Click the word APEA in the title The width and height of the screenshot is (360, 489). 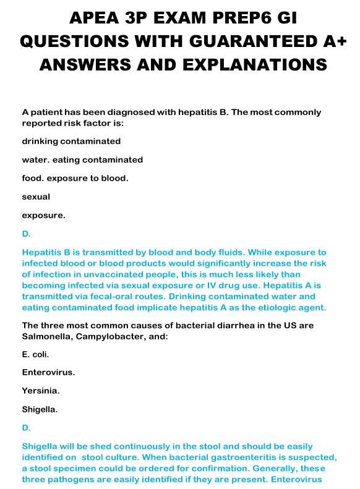(94, 18)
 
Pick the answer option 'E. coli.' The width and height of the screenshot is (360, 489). (35, 354)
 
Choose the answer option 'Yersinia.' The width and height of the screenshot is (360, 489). (41, 391)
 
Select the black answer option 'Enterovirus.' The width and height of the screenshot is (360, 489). (48, 372)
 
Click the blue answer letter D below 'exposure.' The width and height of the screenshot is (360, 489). (25, 234)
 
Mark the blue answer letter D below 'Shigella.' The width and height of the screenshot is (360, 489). (25, 428)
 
